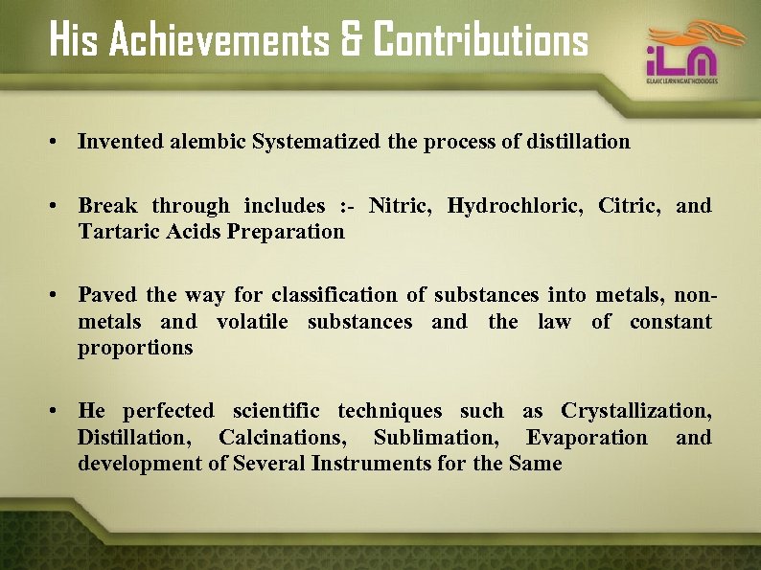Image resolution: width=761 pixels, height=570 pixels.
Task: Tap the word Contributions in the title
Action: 480,40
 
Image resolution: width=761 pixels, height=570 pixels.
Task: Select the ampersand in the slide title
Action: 349,41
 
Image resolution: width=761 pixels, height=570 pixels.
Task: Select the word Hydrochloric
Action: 512,206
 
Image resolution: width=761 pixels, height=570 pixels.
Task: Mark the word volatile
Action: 252,322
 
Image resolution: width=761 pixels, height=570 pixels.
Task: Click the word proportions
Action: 135,348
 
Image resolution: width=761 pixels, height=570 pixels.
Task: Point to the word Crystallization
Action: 636,412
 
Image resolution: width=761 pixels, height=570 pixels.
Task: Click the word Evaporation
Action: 587,438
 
